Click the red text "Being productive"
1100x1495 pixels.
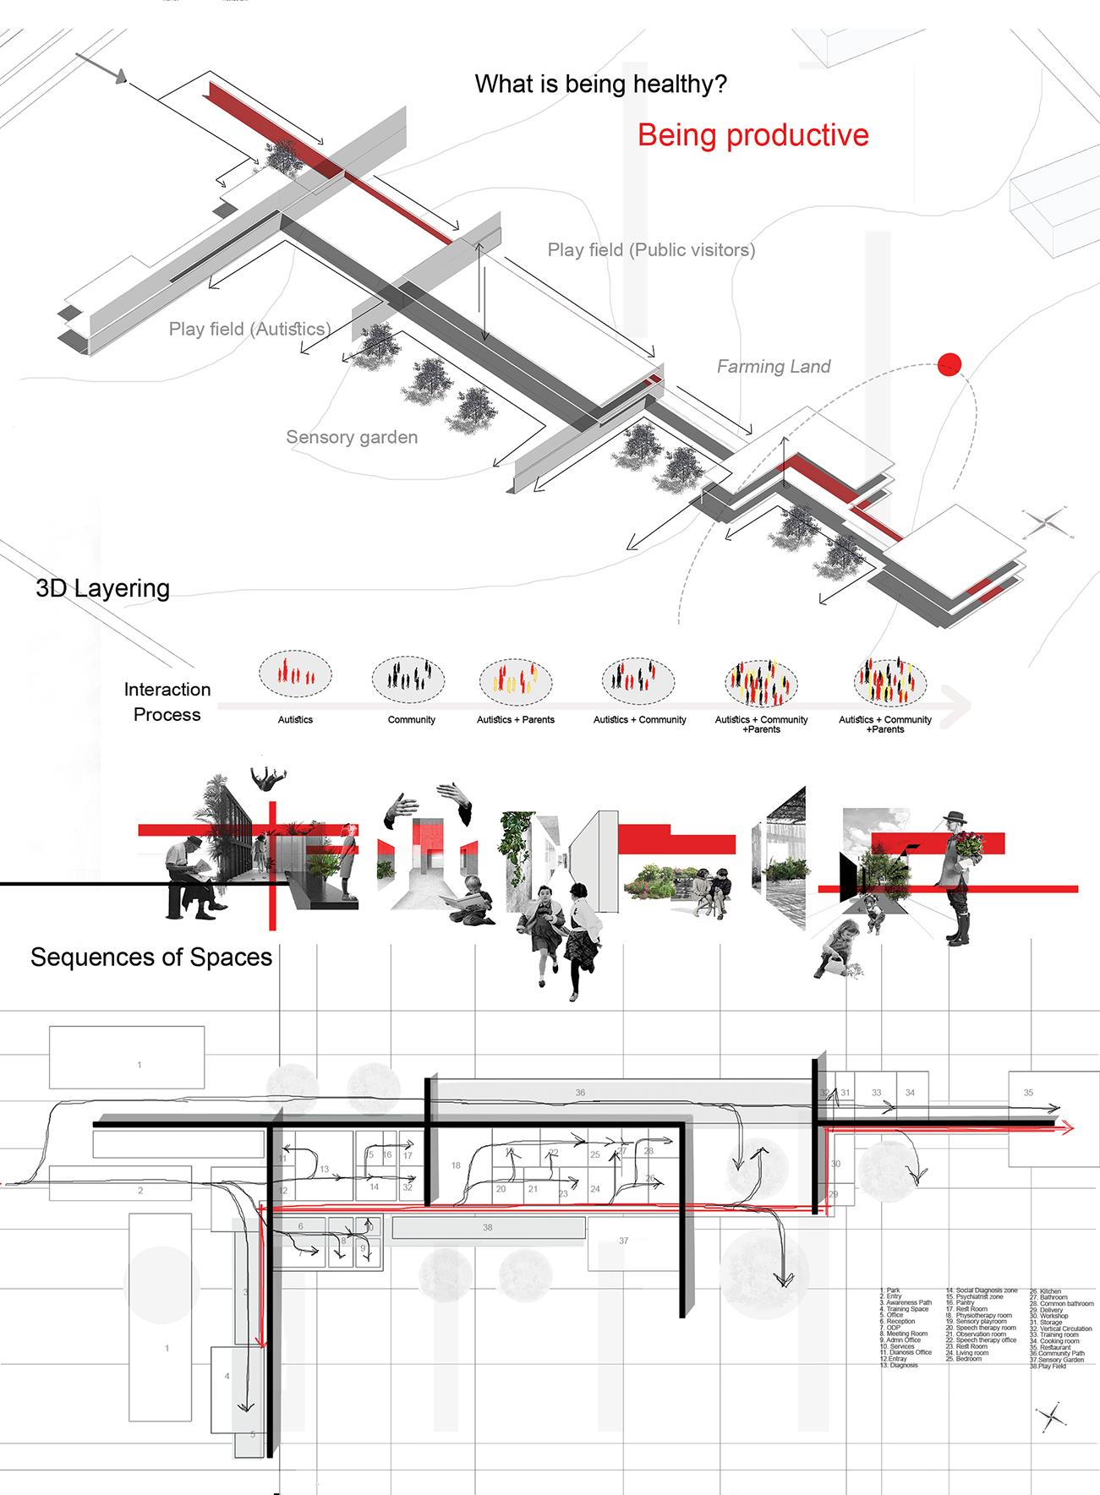(x=752, y=135)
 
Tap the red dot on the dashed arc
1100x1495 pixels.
(x=950, y=365)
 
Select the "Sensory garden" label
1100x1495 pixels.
(x=352, y=437)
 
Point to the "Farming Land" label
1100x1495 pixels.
(x=774, y=366)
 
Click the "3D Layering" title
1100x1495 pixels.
(x=102, y=588)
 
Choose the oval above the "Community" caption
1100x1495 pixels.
(x=408, y=679)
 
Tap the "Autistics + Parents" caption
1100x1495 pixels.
(x=516, y=720)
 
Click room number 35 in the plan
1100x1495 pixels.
(x=1028, y=1093)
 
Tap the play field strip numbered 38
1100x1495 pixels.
(x=487, y=1227)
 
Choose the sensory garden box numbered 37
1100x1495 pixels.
(x=623, y=1241)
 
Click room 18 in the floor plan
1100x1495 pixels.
(x=456, y=1165)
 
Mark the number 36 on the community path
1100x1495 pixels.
(x=580, y=1093)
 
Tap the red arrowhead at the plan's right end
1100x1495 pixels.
(x=1068, y=1127)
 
